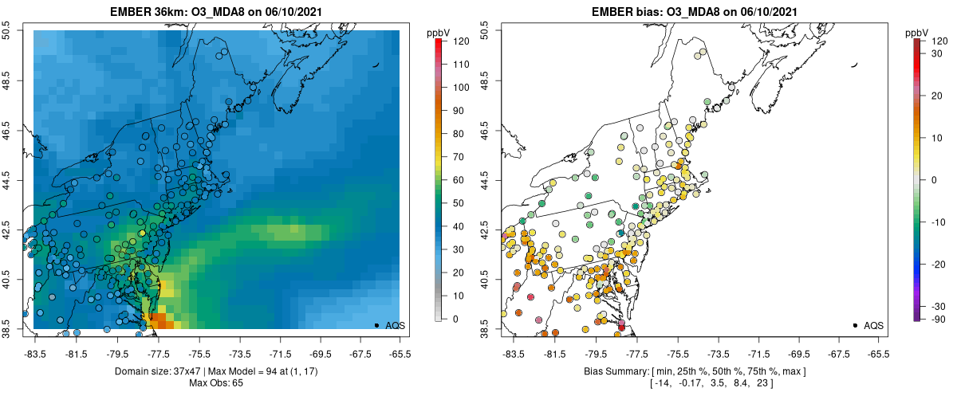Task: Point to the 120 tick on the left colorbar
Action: click(461, 40)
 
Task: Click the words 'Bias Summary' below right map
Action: click(612, 372)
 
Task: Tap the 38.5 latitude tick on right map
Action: click(485, 327)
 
